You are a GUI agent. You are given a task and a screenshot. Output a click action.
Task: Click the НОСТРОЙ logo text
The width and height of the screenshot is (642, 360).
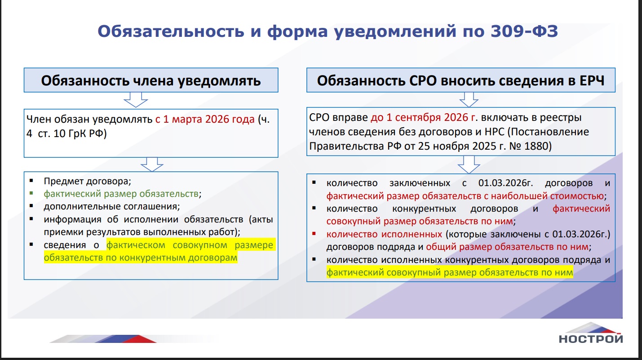591,339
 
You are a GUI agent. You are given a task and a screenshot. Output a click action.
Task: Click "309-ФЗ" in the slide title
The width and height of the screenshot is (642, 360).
524,31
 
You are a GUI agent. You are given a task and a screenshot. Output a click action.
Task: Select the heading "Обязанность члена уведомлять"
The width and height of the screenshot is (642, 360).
151,80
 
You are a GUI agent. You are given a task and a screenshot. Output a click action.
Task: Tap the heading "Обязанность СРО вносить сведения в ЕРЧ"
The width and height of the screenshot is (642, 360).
460,80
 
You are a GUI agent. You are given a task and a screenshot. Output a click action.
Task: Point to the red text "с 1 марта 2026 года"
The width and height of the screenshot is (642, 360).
205,119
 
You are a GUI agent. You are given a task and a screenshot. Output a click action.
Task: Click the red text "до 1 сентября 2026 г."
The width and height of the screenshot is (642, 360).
424,117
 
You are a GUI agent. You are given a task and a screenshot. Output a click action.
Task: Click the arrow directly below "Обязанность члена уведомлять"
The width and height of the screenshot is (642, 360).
136,100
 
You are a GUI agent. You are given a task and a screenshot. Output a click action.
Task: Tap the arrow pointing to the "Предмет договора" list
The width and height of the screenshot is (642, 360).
152,164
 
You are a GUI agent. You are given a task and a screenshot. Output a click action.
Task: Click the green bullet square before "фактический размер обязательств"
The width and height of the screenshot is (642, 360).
31,193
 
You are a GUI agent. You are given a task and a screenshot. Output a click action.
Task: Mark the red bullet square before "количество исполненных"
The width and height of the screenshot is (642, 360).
314,234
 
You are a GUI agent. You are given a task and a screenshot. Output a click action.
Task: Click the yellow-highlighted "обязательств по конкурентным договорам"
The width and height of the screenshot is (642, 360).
141,258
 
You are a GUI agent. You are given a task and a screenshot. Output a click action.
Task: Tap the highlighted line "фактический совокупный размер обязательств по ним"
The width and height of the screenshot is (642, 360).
450,272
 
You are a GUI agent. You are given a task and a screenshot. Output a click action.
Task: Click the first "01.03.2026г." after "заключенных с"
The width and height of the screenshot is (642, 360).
506,183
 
